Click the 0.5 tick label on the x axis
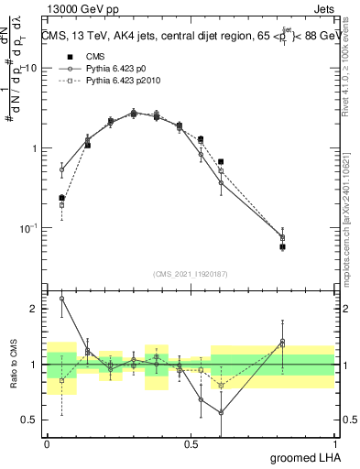click(x=191, y=443)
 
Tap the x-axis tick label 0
click(x=47, y=443)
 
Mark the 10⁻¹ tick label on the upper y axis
click(x=30, y=227)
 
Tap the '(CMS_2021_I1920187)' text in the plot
click(x=191, y=273)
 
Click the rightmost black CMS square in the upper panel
click(x=308, y=247)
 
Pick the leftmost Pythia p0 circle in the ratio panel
click(x=61, y=299)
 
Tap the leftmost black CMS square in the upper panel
click(x=61, y=198)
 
